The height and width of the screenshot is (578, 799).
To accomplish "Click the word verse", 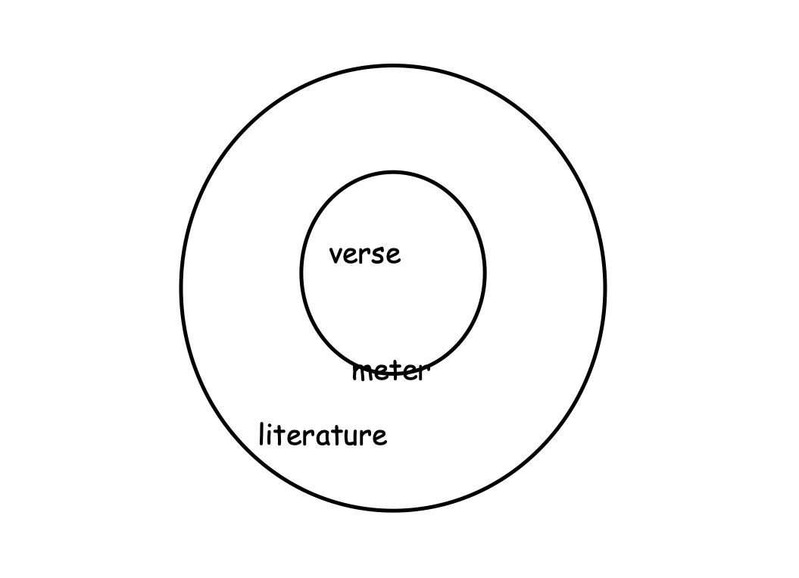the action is coord(365,255).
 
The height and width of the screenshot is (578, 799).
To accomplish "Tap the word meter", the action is coord(391,372).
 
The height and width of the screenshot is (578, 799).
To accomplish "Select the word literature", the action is coord(323,436).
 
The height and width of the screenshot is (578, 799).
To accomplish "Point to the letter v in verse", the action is coord(336,256).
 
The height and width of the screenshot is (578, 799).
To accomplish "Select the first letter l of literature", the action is coord(262,434).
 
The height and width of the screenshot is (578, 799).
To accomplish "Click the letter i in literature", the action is coord(270,437).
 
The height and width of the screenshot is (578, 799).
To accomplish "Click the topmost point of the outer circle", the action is coord(393,66).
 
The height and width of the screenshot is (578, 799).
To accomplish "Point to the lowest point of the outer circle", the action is coord(393,510).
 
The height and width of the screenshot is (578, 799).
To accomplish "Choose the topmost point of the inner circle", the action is coord(393,173).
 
